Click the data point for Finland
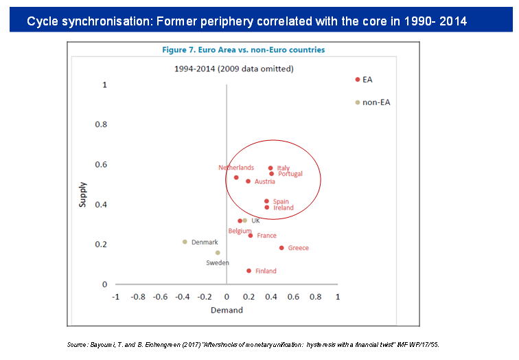pyautogui.click(x=249, y=271)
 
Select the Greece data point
pyautogui.click(x=281, y=248)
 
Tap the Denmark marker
pyautogui.click(x=185, y=242)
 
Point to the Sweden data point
pyautogui.click(x=218, y=253)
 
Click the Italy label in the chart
pyautogui.click(x=284, y=168)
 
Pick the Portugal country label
pyautogui.click(x=290, y=175)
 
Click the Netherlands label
pyautogui.click(x=236, y=168)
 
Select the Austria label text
pyautogui.click(x=265, y=182)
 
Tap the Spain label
pyautogui.click(x=281, y=202)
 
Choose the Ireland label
pyautogui.click(x=284, y=208)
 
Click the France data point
pyautogui.click(x=251, y=236)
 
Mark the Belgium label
pyautogui.click(x=240, y=231)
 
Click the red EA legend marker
pyautogui.click(x=358, y=80)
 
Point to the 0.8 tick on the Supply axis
pyautogui.click(x=101, y=125)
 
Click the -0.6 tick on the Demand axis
pyautogui.click(x=160, y=297)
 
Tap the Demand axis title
pyautogui.click(x=227, y=310)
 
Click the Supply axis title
pyautogui.click(x=83, y=194)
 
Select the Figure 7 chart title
pyautogui.click(x=243, y=49)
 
